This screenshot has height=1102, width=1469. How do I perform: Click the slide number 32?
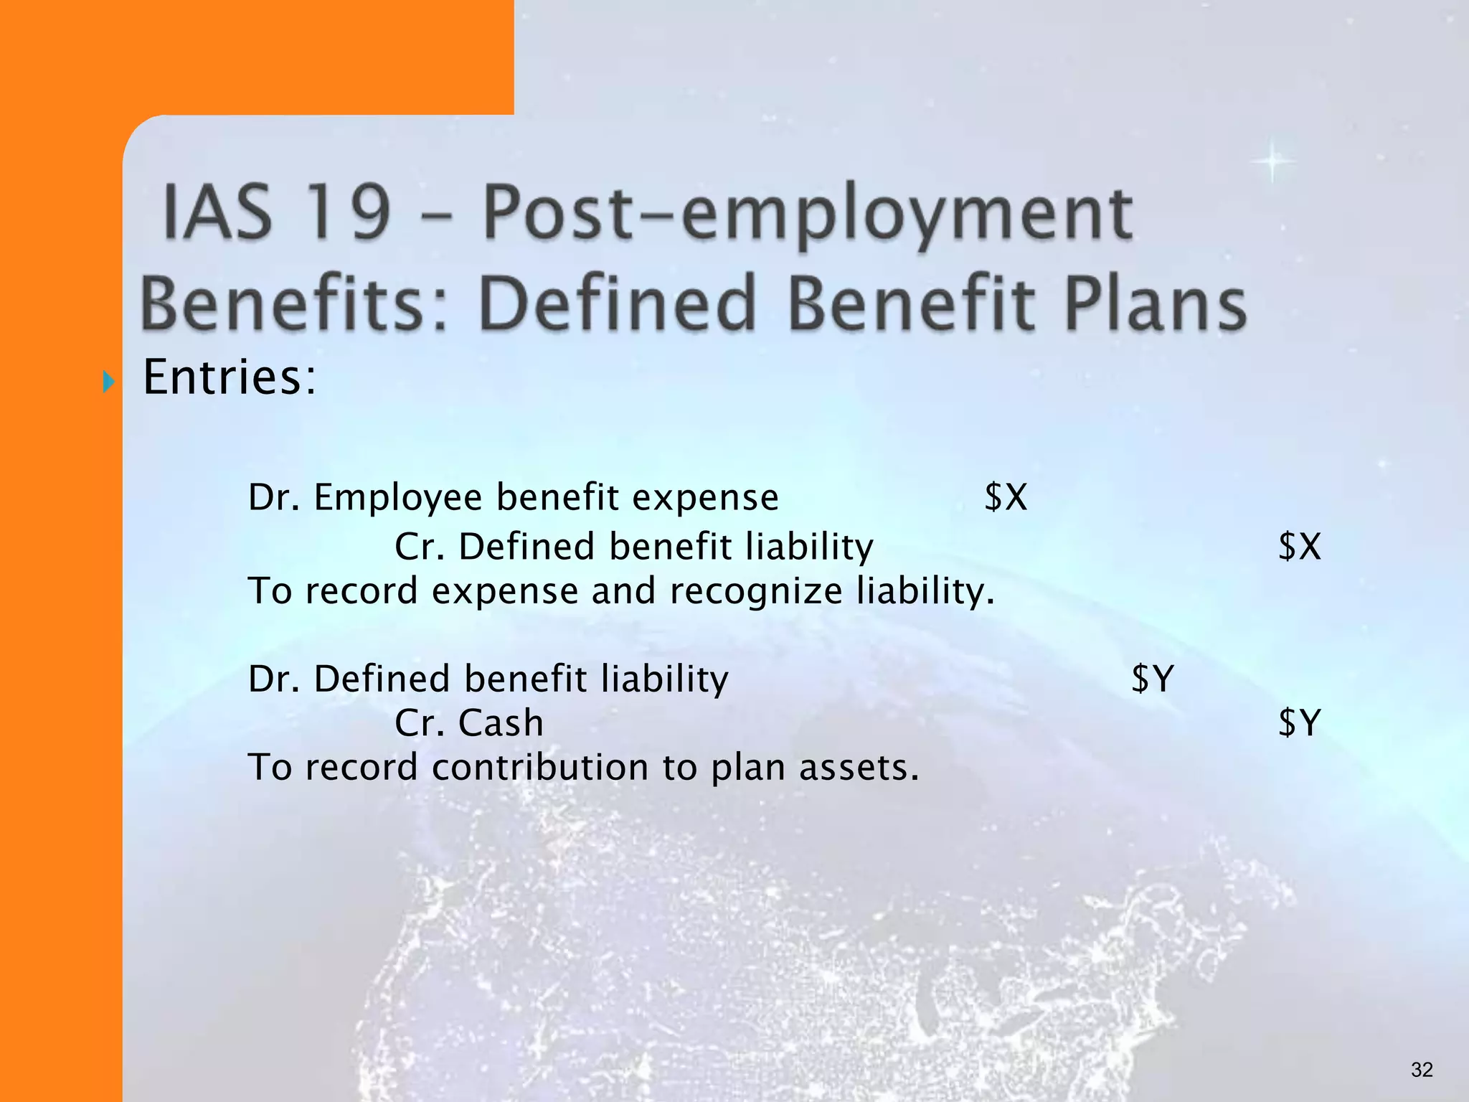point(1422,1070)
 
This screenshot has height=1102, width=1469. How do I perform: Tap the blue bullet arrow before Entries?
point(108,381)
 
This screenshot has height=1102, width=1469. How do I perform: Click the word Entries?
point(229,377)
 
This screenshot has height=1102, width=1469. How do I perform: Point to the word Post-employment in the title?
point(808,215)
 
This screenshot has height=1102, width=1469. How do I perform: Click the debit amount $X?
point(1006,497)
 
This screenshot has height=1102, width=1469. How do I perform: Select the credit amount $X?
point(1299,547)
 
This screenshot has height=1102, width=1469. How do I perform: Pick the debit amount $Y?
point(1152,678)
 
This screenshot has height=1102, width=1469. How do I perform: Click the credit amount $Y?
point(1299,722)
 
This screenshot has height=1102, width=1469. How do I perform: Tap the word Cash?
point(501,722)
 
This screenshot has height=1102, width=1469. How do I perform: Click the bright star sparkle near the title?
point(1272,161)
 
